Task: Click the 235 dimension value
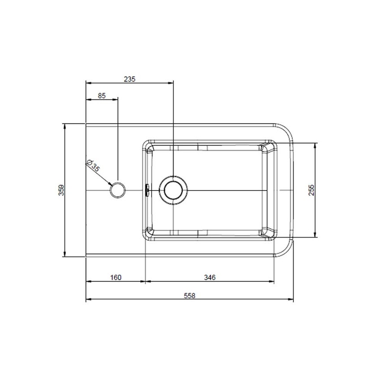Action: [130, 78]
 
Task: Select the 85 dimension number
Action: [102, 95]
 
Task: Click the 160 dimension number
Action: [116, 277]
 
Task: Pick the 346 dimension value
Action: [210, 277]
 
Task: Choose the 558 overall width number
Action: [190, 296]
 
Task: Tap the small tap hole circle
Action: [118, 190]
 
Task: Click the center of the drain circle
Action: [173, 190]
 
